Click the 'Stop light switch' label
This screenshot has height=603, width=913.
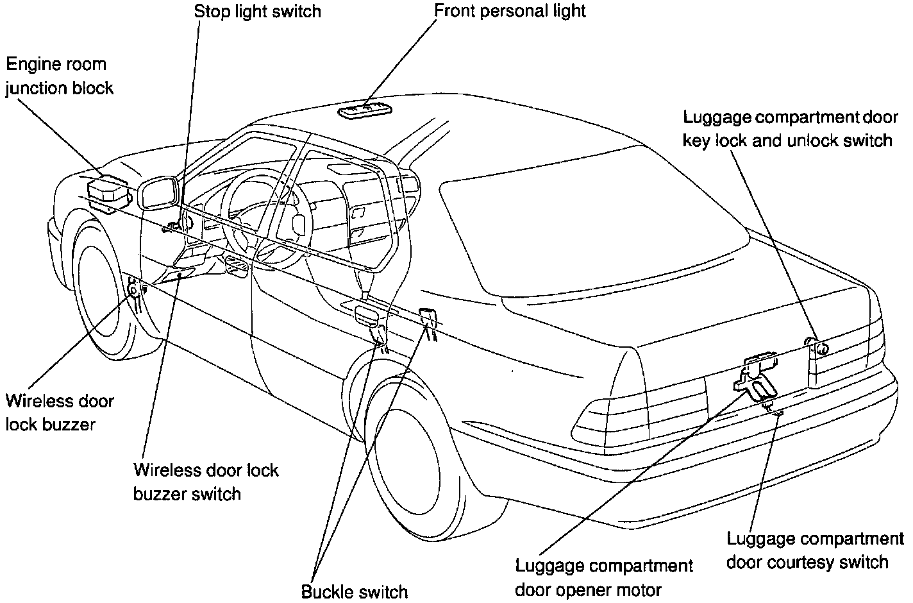[x=258, y=12]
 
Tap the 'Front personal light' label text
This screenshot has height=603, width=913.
[x=510, y=11]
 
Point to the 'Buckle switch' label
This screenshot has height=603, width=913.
[x=354, y=590]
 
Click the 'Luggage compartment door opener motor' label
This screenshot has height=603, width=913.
[x=604, y=577]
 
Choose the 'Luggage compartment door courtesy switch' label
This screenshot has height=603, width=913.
[x=814, y=550]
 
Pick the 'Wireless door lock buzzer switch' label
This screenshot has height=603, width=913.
[x=206, y=482]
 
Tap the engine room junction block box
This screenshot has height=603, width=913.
[x=107, y=190]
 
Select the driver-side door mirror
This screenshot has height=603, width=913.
[x=158, y=192]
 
